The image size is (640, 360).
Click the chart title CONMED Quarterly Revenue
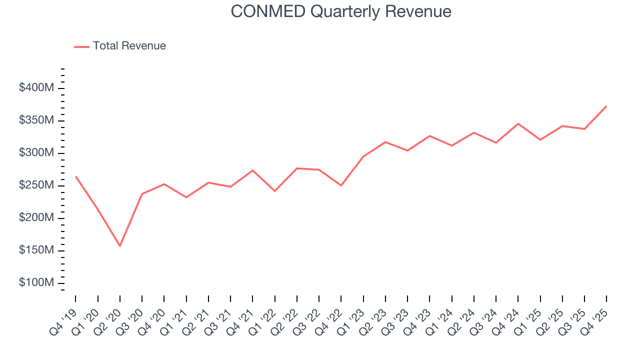tap(341, 11)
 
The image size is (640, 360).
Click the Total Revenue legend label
tap(129, 46)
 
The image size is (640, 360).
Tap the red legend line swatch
tap(81, 46)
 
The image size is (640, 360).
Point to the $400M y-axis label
tap(36, 88)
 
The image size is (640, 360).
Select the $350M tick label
tap(36, 120)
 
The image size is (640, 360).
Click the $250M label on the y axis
tap(36, 185)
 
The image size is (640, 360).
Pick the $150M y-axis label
tap(36, 250)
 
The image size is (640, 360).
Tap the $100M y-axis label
tap(36, 283)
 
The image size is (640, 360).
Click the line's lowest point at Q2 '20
tap(120, 246)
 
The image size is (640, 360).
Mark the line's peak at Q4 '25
tap(606, 106)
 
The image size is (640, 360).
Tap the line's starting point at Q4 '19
tap(76, 176)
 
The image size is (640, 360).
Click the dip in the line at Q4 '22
tap(341, 185)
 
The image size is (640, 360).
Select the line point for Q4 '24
tap(518, 123)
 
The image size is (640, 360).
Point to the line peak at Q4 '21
tap(252, 170)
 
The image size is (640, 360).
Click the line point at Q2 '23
tap(385, 142)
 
